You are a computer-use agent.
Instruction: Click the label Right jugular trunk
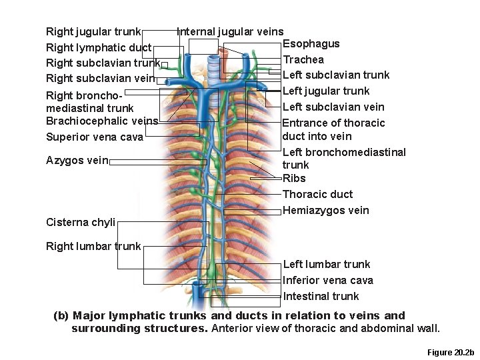[93, 31]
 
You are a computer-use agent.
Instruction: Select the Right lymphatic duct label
[98, 47]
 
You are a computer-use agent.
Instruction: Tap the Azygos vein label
[77, 161]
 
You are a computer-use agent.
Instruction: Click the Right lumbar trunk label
[93, 246]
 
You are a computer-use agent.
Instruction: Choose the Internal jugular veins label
[230, 31]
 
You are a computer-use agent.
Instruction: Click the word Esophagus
[311, 44]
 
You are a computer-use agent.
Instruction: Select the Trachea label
[303, 60]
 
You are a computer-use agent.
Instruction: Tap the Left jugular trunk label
[326, 91]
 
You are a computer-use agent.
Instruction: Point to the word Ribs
[294, 178]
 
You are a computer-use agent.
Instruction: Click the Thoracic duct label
[317, 194]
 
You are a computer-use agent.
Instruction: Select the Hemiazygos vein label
[325, 211]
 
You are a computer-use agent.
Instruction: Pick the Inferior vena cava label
[328, 280]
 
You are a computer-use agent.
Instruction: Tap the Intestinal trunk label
[321, 296]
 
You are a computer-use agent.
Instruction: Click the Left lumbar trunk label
[326, 264]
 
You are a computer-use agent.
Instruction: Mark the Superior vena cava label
[94, 137]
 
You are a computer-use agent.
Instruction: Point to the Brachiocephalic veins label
[102, 121]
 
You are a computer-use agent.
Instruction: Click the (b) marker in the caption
[61, 315]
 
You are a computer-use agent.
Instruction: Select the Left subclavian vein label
[333, 107]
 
